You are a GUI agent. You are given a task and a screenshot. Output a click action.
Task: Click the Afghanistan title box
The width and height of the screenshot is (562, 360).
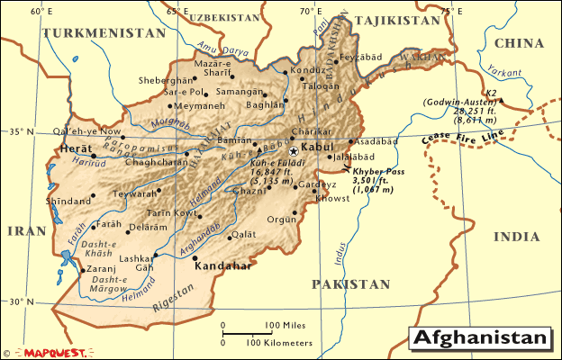point(480,338)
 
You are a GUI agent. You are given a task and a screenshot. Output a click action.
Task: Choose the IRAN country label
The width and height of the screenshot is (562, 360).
point(26,231)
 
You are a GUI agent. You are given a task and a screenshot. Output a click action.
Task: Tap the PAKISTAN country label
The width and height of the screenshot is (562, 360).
point(351,284)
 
